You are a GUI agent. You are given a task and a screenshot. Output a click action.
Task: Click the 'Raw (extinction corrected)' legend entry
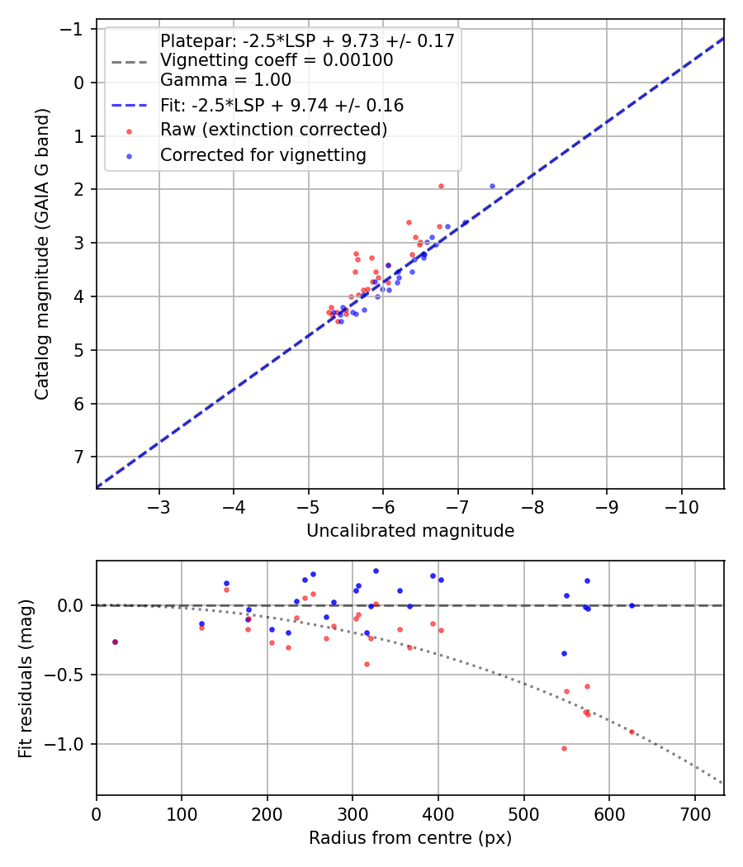point(273,130)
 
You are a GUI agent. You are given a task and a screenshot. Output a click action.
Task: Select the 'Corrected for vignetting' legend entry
point(263,154)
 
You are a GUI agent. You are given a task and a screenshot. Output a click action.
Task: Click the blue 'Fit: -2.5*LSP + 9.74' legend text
point(282,106)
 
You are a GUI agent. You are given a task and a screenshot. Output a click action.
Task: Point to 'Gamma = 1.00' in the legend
point(225,80)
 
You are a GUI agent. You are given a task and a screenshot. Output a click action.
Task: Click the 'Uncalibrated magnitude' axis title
point(410,531)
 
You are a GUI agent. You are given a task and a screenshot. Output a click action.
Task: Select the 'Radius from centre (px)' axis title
point(410,838)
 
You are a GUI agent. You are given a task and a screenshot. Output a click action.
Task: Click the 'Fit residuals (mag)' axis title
point(25,678)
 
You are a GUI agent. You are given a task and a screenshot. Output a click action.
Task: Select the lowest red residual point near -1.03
point(564,748)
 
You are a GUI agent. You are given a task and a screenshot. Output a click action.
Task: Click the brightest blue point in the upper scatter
point(492,186)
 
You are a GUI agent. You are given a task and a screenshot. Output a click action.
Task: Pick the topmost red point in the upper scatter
point(441,186)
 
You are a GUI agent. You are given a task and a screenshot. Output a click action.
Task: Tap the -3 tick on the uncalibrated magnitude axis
point(159,505)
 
